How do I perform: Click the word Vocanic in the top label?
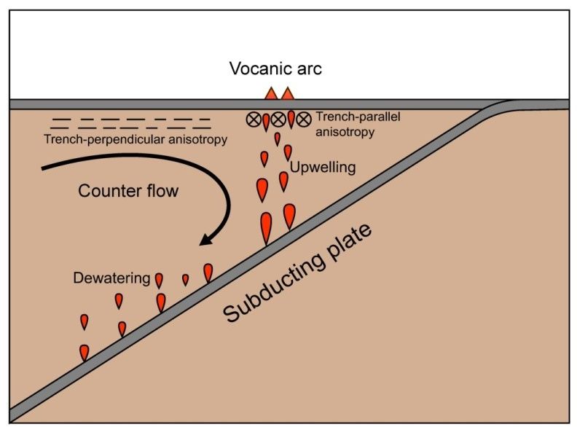coord(255,69)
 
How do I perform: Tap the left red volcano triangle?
coord(270,94)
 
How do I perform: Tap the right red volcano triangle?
coord(288,94)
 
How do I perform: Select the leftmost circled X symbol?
coord(254,120)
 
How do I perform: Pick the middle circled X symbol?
coord(278,120)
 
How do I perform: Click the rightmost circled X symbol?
coord(303,120)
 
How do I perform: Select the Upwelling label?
coord(323,168)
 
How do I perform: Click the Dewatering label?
coord(111,278)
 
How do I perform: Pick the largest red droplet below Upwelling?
coord(266,227)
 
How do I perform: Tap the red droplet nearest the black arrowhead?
coord(208,273)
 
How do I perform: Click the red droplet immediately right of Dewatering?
coord(159,281)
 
